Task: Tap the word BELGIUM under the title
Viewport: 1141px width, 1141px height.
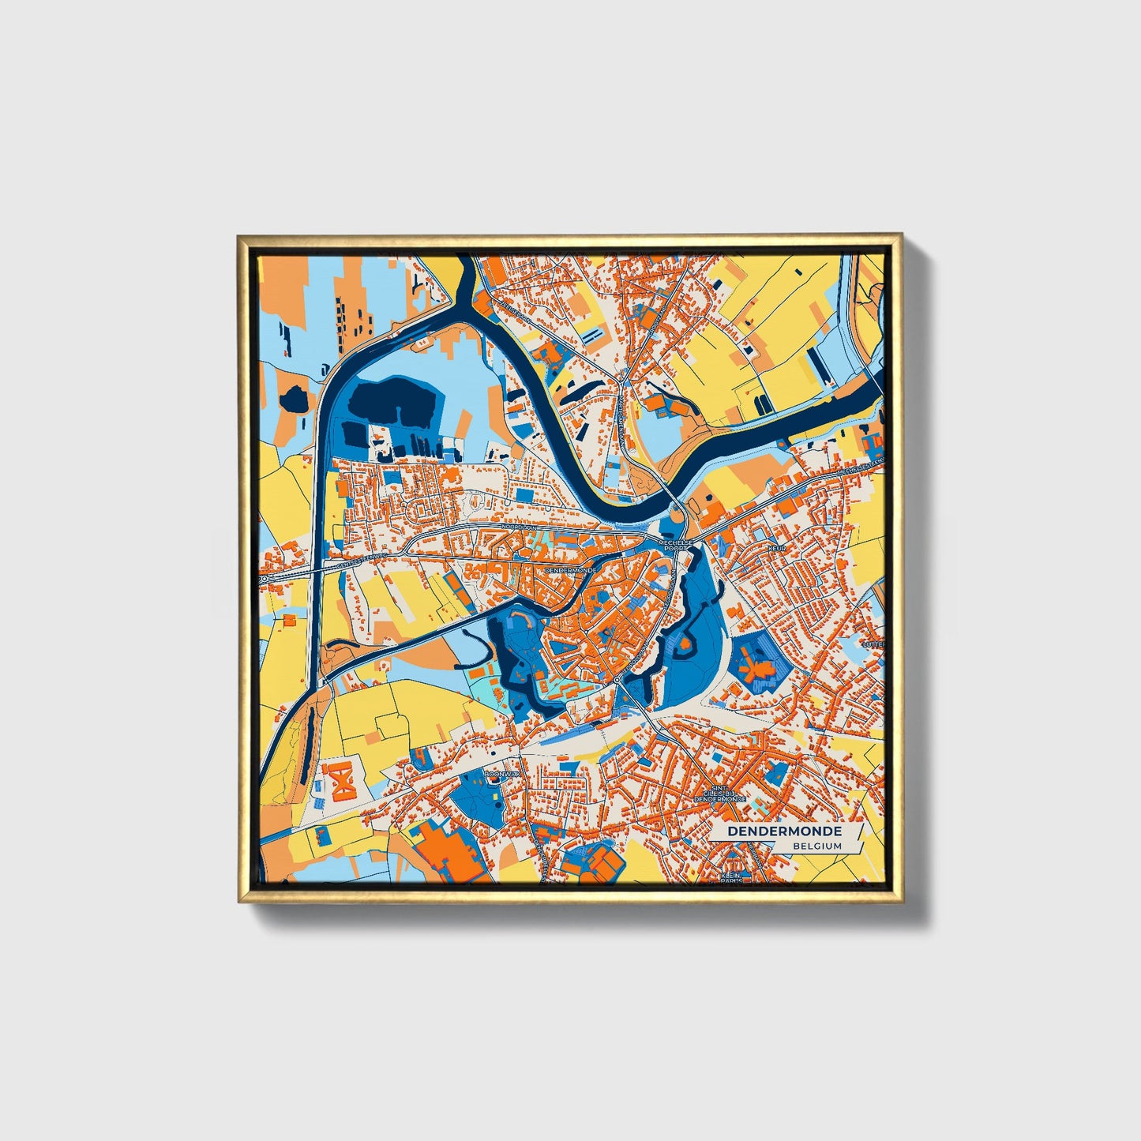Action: [818, 846]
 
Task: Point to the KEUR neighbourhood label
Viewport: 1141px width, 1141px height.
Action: [777, 547]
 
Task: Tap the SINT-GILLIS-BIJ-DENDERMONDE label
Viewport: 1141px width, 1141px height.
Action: [719, 794]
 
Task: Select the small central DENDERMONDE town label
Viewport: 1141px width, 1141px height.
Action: [570, 568]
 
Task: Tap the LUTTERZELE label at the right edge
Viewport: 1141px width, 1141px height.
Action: [873, 644]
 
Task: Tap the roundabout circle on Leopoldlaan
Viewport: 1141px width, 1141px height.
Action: [617, 679]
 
